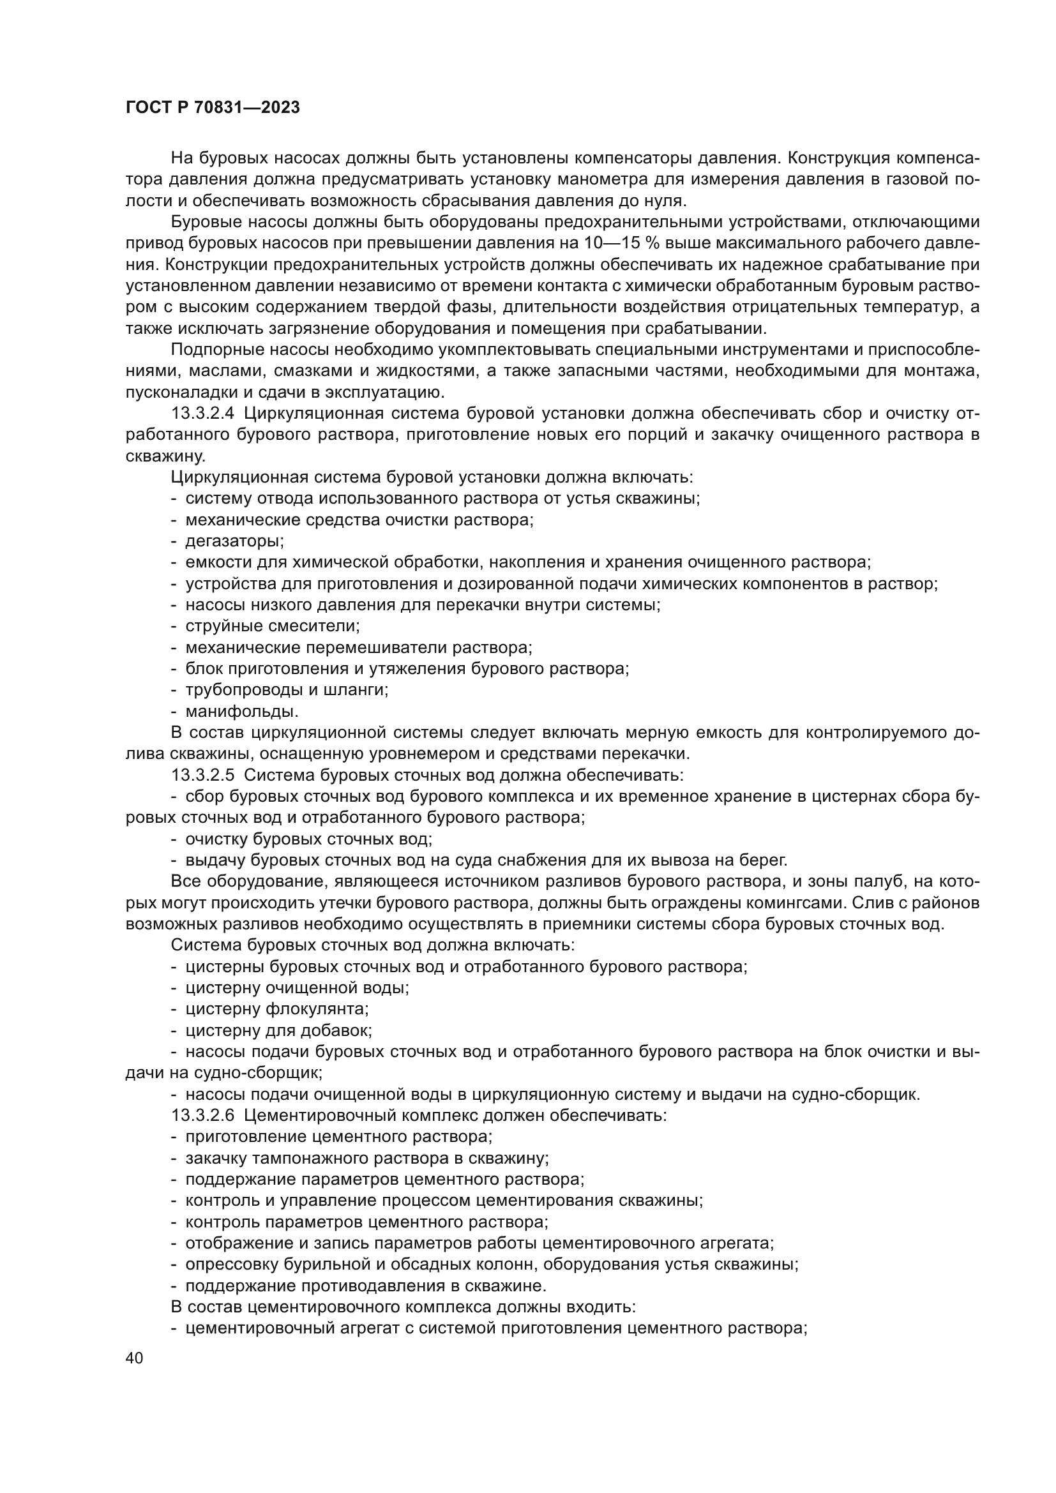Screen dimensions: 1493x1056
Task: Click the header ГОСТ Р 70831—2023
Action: [213, 108]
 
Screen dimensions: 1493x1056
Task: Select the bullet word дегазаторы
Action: [234, 541]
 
